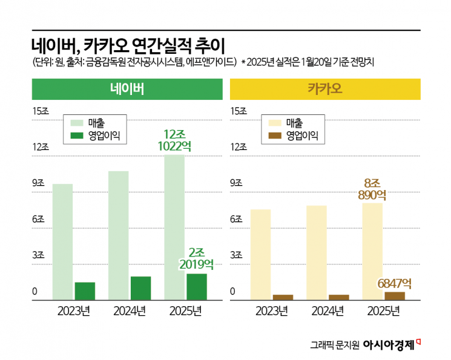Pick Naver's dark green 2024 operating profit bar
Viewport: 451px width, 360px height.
coord(140,288)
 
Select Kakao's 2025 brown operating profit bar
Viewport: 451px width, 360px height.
coord(395,295)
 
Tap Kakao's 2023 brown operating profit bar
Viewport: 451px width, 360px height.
coord(283,296)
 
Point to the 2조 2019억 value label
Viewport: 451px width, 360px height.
coord(196,258)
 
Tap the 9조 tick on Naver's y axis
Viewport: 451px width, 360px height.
coord(39,183)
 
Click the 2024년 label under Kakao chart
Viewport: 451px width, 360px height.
coord(328,312)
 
